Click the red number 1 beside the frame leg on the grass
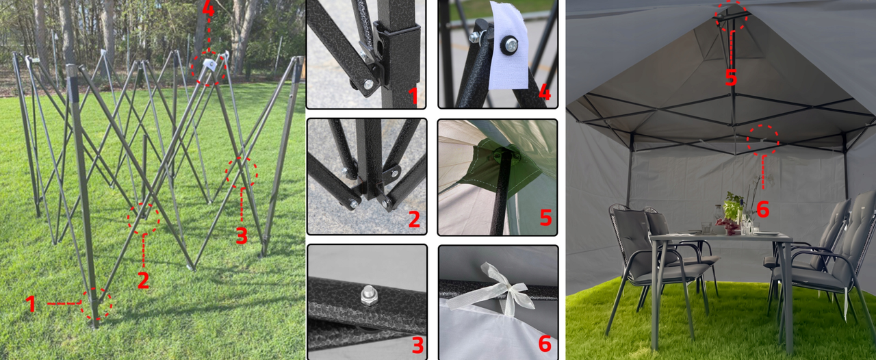pos(31,304)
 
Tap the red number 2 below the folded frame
pos(144,280)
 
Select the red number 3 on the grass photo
pos(242,235)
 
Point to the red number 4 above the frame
pos(209,9)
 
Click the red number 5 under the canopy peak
pos(731,77)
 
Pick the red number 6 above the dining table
pos(763,209)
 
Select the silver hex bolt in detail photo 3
pos(368,296)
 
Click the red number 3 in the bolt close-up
pos(417,345)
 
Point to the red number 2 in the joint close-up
pos(414,219)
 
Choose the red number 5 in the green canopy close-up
pos(545,218)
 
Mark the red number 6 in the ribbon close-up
pos(545,344)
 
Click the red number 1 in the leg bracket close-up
pos(413,96)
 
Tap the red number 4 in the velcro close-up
pos(545,93)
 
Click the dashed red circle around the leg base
pos(96,304)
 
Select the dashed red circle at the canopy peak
pos(731,16)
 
